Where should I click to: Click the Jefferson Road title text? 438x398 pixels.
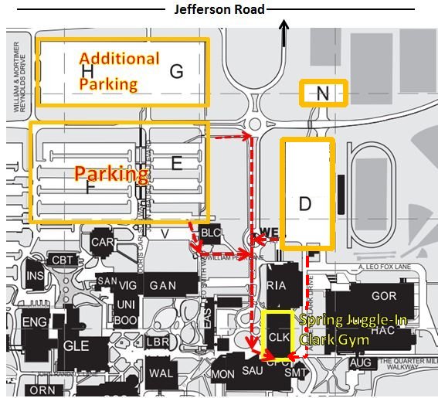[x=220, y=9]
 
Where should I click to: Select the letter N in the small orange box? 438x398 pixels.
[x=323, y=94]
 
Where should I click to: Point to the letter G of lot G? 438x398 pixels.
[x=176, y=72]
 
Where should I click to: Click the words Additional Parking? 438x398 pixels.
[x=119, y=71]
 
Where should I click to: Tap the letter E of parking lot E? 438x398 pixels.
[x=176, y=163]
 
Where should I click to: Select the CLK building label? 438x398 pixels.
[x=278, y=338]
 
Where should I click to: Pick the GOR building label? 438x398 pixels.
[x=383, y=296]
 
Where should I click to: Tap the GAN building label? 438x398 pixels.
[x=163, y=285]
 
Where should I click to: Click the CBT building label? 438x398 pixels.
[x=61, y=260]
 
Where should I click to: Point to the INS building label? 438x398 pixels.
[x=35, y=276]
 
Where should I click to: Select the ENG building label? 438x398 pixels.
[x=35, y=322]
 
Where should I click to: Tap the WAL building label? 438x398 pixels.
[x=161, y=373]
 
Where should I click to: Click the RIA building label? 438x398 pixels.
[x=276, y=285]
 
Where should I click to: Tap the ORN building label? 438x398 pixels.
[x=41, y=390]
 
